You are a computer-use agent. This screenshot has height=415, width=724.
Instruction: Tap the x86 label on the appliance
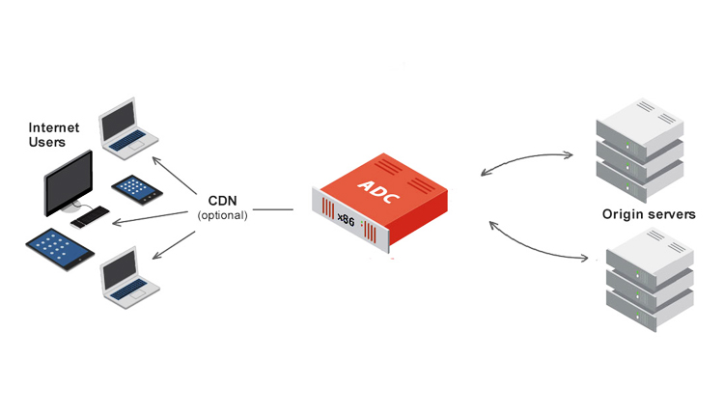tap(345, 219)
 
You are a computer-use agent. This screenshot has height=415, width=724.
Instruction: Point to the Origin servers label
tap(648, 214)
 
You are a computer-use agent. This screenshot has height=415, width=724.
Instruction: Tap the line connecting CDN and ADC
tap(273, 209)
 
